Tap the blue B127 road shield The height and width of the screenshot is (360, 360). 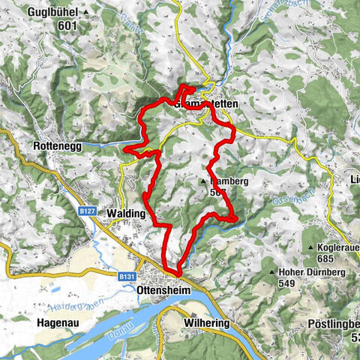[x=88, y=211]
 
